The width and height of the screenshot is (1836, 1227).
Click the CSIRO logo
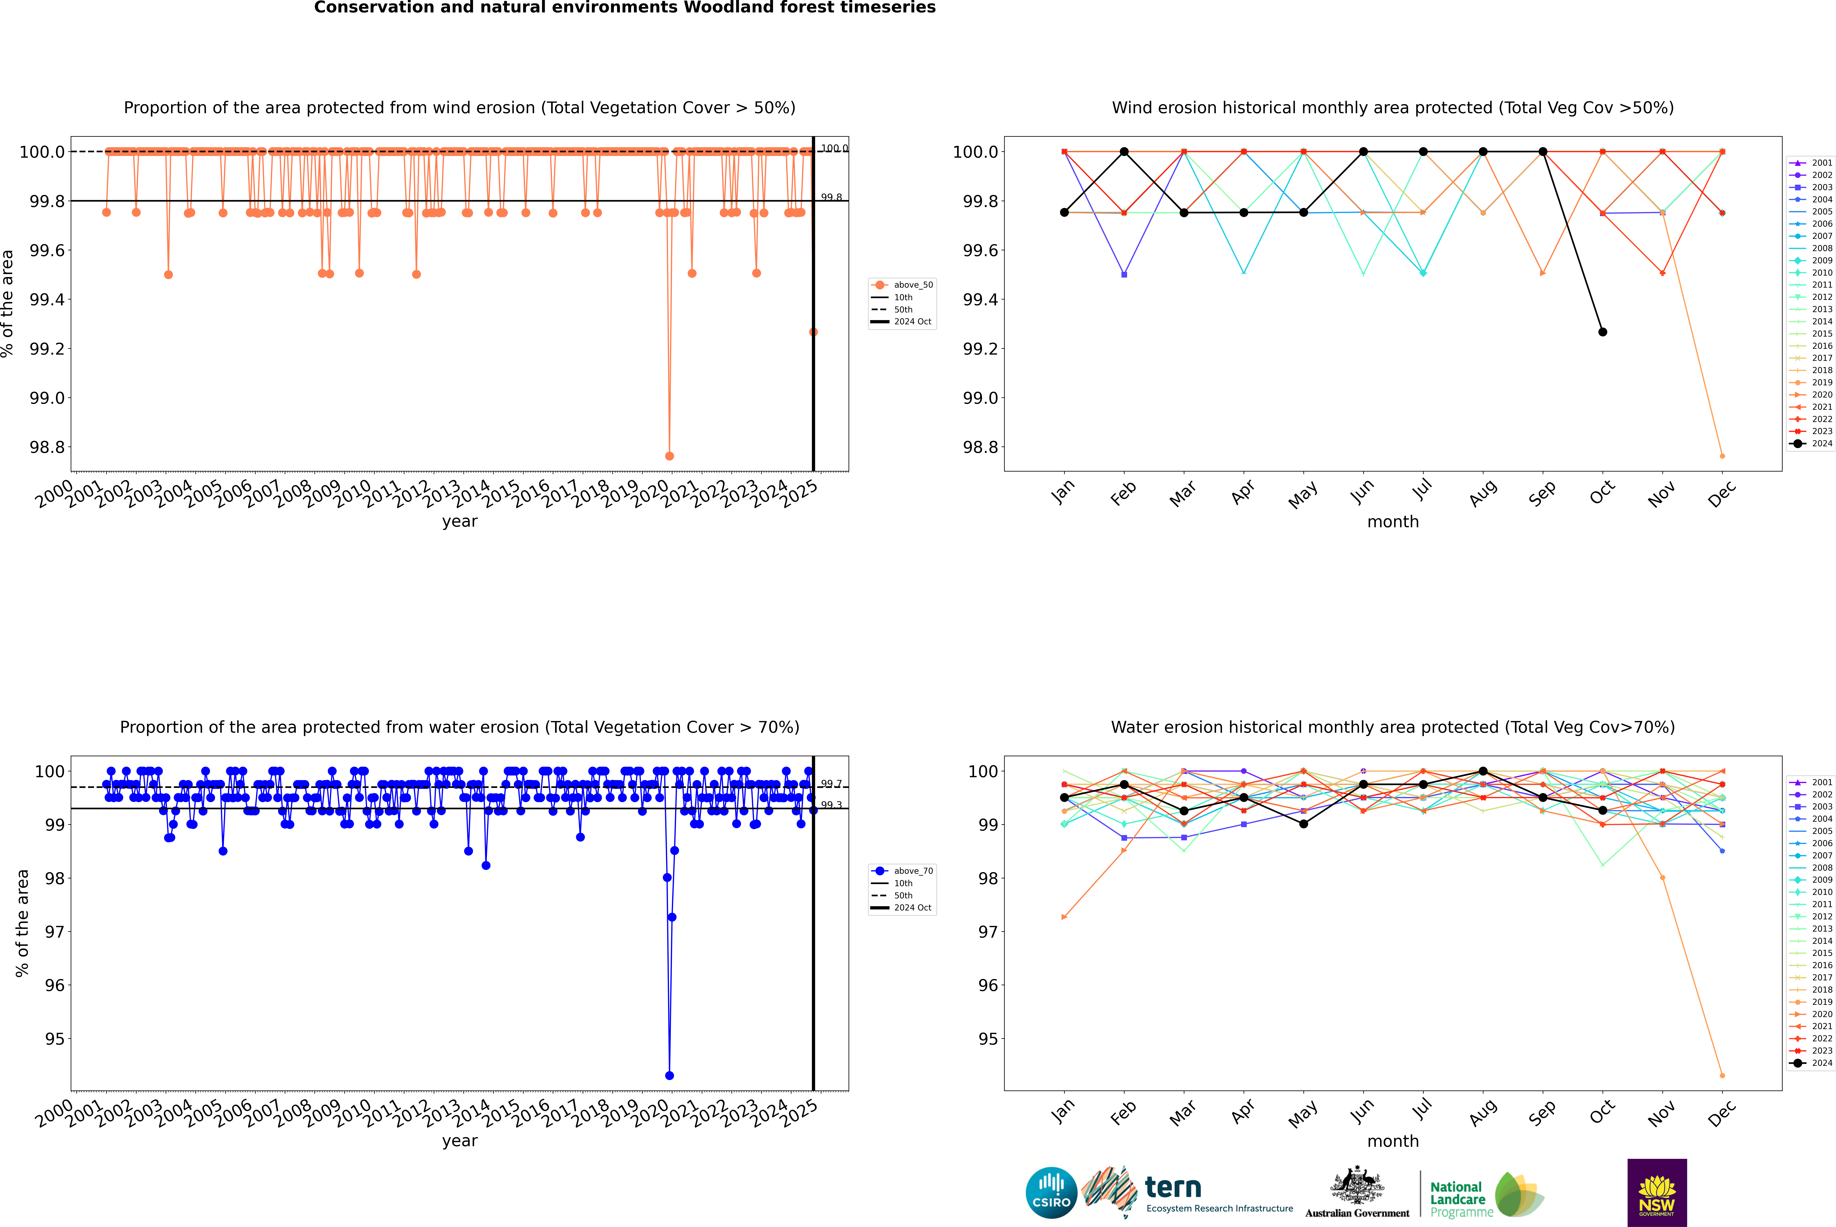(x=1051, y=1193)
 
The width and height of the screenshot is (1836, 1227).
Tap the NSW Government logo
(x=1657, y=1193)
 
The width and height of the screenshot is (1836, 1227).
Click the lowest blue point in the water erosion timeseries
(x=669, y=1075)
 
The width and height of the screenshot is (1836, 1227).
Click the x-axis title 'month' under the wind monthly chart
(x=1392, y=522)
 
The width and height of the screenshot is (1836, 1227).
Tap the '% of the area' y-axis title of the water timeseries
(x=22, y=923)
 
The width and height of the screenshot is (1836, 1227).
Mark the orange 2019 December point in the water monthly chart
(x=1722, y=1075)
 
